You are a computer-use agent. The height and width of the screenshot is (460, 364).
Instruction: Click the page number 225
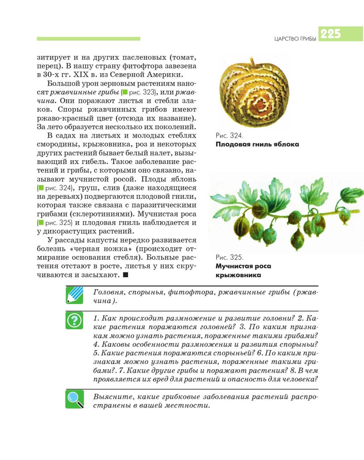point(330,34)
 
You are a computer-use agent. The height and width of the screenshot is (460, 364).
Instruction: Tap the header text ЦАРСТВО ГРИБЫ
point(295,39)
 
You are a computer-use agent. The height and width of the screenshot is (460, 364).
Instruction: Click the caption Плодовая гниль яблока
point(257,144)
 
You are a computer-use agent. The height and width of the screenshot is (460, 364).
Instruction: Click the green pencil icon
point(74,295)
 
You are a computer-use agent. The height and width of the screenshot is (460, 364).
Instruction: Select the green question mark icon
point(74,320)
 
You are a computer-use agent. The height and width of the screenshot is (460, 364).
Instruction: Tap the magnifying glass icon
point(74,399)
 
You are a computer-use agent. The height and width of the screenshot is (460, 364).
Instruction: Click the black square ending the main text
point(126,275)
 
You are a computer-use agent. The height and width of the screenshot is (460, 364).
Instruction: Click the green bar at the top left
point(88,39)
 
